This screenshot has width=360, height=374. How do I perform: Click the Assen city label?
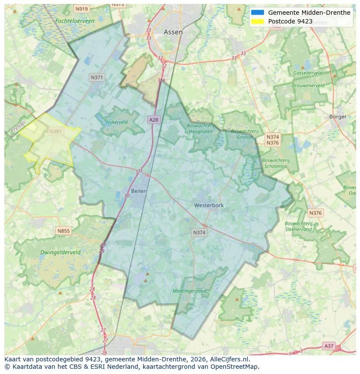click(173, 32)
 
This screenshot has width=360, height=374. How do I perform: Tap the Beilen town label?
click(139, 191)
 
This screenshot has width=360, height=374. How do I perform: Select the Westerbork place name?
click(209, 205)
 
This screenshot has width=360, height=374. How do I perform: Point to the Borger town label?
click(337, 117)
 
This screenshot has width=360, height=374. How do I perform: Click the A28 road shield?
click(153, 119)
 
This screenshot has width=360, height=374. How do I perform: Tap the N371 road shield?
click(97, 77)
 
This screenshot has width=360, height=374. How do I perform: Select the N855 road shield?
click(63, 231)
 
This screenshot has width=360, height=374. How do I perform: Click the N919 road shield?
click(81, 9)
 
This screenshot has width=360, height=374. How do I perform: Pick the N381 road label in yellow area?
click(56, 131)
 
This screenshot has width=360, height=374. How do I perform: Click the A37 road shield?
click(329, 346)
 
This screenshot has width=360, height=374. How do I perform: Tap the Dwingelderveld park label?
click(60, 252)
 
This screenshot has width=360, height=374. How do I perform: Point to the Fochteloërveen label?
click(75, 20)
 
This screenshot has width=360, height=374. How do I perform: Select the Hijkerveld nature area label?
click(117, 122)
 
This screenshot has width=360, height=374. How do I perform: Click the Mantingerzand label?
click(189, 291)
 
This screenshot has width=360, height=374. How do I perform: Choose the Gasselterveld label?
click(308, 73)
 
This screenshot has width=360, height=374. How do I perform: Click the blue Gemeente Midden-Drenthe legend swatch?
click(257, 13)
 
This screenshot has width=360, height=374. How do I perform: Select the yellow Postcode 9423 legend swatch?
click(257, 21)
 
